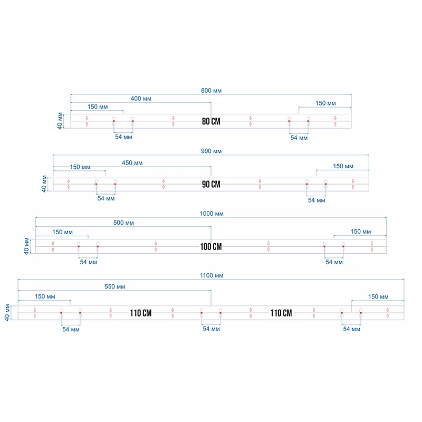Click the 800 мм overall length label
click(x=212, y=91)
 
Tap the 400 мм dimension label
click(x=141, y=99)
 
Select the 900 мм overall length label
click(x=212, y=151)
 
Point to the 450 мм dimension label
click(x=132, y=163)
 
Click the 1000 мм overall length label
click(x=212, y=214)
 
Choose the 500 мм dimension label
click(x=123, y=223)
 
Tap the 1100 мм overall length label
click(x=212, y=275)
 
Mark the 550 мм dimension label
click(x=115, y=287)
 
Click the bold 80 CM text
click(x=211, y=122)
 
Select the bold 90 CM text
click(x=211, y=185)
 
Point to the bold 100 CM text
click(x=211, y=247)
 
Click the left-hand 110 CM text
click(x=141, y=313)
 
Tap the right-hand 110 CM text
click(x=281, y=313)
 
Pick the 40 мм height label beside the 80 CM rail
click(x=60, y=121)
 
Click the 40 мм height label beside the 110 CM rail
click(x=7, y=313)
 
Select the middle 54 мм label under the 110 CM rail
click(x=212, y=329)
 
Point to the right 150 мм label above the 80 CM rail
click(x=325, y=103)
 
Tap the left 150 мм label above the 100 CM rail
click(x=62, y=232)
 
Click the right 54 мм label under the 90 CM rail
click(x=316, y=200)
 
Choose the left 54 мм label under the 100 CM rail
click(x=89, y=262)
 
